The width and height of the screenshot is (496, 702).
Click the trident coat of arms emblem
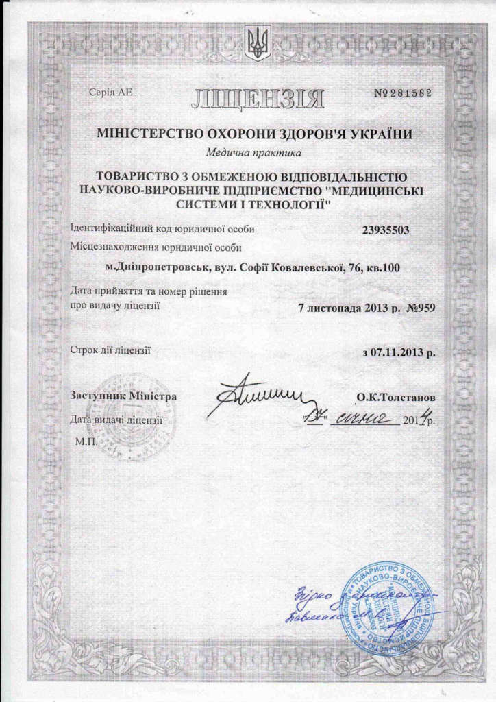coord(259,43)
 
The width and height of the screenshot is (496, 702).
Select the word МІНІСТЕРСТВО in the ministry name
coord(140,134)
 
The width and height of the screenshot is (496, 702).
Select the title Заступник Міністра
coord(123,396)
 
